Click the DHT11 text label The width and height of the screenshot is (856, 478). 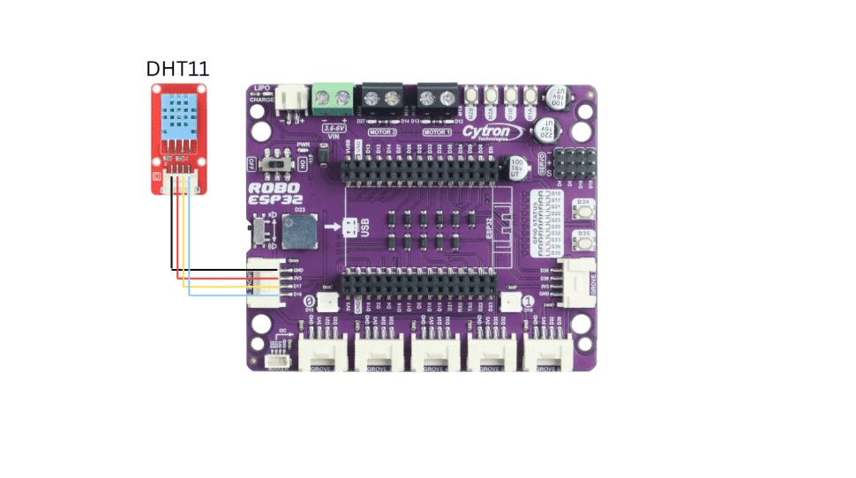pyautogui.click(x=177, y=68)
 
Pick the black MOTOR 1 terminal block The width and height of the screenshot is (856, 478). pyautogui.click(x=438, y=98)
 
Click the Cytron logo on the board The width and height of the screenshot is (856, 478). pyautogui.click(x=486, y=131)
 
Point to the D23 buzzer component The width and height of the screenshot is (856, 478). pyautogui.click(x=300, y=229)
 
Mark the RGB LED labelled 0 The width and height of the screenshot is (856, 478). pyautogui.click(x=328, y=301)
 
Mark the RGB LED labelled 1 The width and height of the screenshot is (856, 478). pyautogui.click(x=510, y=301)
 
